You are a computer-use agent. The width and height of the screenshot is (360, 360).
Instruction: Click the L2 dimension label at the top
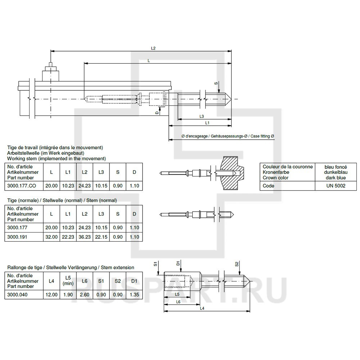(153, 48)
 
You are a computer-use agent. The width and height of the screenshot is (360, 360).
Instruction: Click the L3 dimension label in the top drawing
(202, 116)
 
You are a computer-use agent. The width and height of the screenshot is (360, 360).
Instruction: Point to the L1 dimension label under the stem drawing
(207, 123)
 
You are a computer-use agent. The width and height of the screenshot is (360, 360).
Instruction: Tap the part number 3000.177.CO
(22, 186)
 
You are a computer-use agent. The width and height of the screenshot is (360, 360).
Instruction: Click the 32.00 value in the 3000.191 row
(51, 237)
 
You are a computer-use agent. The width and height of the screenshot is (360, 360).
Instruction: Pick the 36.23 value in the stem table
(85, 237)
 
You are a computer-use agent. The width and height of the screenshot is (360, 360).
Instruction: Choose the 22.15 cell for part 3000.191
(101, 237)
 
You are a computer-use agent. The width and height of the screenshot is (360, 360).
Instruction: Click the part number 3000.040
(17, 294)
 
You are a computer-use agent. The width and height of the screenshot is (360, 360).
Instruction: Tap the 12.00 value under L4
(51, 294)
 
